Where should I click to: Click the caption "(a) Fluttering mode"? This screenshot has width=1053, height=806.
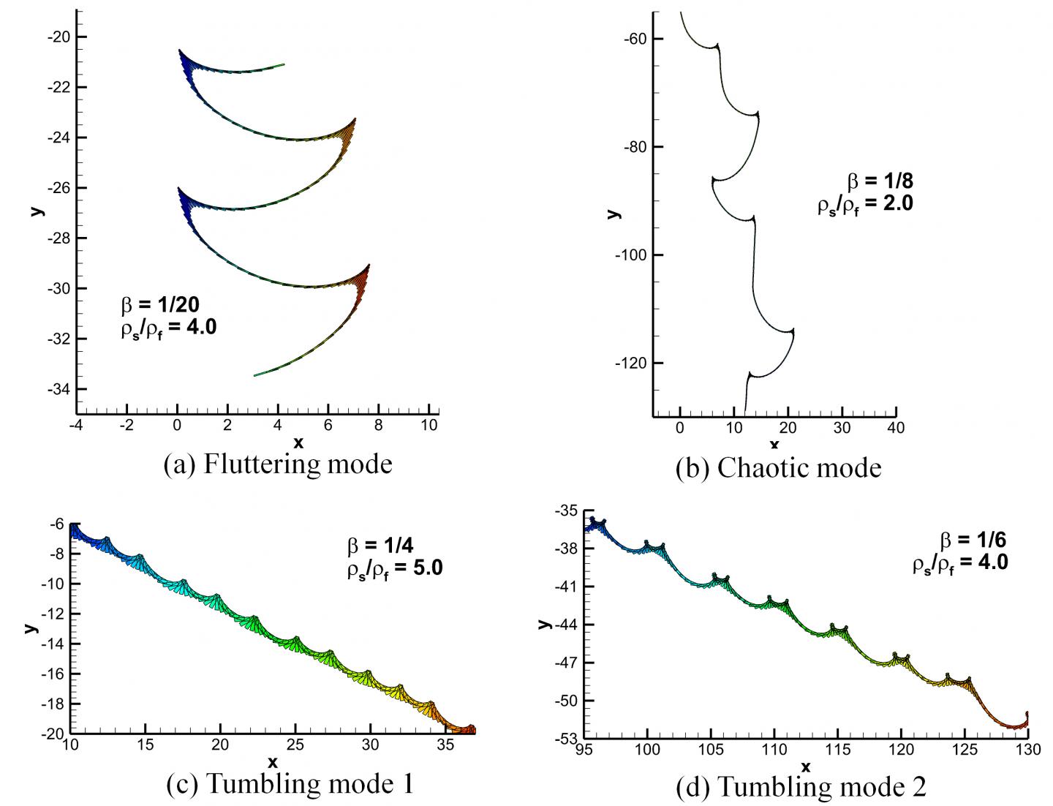click(277, 464)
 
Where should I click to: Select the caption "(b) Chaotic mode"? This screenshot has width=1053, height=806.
click(778, 467)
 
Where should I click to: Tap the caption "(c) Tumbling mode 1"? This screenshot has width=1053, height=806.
click(290, 784)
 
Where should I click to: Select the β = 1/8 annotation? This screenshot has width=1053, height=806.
click(880, 181)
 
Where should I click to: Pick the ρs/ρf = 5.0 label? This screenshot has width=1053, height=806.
click(395, 568)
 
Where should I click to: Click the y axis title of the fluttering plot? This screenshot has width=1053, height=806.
click(36, 211)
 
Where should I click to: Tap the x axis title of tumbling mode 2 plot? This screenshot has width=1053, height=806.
click(806, 767)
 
